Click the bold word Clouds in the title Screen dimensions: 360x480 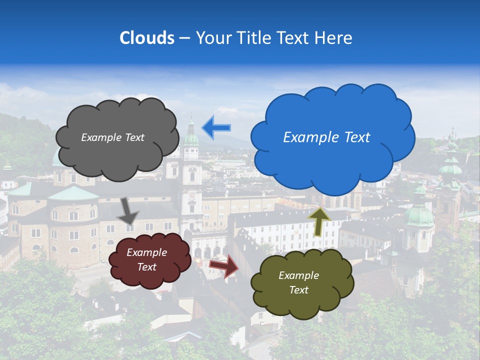[x=146, y=38]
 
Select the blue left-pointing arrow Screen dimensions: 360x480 [x=216, y=128]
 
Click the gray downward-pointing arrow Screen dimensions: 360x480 [x=127, y=210]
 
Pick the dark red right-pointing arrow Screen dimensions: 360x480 [x=224, y=266]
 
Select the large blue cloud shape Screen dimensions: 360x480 [x=332, y=137]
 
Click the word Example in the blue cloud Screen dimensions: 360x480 [x=308, y=137]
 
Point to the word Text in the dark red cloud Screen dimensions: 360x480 [x=147, y=267]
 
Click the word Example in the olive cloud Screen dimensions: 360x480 [x=299, y=275]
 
